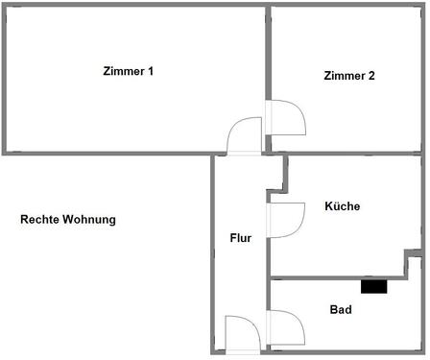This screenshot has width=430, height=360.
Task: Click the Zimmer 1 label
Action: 129,72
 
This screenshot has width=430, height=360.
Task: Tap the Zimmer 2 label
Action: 349,77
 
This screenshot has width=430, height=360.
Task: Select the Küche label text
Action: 342,206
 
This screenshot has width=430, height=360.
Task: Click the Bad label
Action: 340,310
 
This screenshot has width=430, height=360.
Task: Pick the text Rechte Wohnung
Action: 68,220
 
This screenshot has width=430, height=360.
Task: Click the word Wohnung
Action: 89,220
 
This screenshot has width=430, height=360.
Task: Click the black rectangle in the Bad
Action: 373,286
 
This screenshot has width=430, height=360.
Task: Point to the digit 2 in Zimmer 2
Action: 370,77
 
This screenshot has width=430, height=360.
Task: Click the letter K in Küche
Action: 328,206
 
